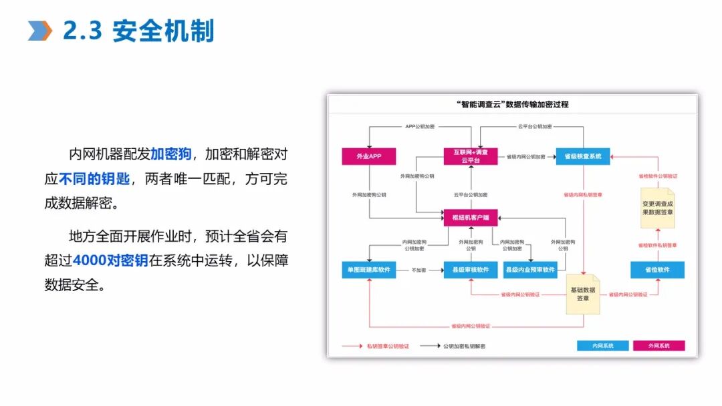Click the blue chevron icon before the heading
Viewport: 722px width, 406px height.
(x=40, y=31)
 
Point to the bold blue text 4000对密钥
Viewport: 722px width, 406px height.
(x=110, y=260)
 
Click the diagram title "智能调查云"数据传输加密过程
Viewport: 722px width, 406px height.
(x=512, y=104)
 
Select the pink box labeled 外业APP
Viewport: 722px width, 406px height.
(x=369, y=156)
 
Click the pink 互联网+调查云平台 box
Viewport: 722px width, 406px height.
(x=471, y=156)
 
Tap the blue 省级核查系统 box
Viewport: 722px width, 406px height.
(x=583, y=156)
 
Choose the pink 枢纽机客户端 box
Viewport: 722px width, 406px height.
(x=471, y=217)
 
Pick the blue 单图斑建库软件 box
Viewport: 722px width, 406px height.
(x=369, y=270)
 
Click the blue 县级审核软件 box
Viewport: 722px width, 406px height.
(x=471, y=270)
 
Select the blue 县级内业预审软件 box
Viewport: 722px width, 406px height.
(x=531, y=270)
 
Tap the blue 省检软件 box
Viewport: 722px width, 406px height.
(x=658, y=270)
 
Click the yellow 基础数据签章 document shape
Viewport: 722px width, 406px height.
(x=583, y=294)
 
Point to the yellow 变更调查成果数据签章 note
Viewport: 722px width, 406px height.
(x=658, y=208)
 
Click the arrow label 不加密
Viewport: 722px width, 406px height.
(x=418, y=270)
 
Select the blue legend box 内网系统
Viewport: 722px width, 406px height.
(x=603, y=346)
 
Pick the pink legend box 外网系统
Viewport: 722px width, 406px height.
(x=659, y=346)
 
